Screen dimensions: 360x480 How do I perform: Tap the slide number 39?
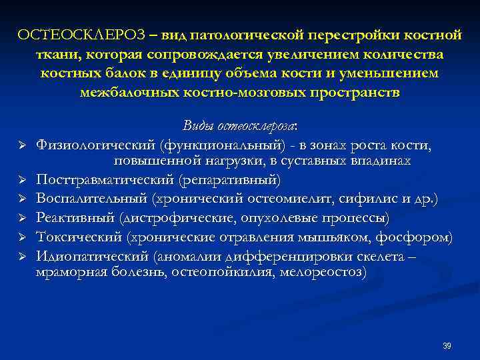click(447, 345)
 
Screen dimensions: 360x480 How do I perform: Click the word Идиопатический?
click(92, 255)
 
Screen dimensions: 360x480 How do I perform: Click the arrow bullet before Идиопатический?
click(22, 255)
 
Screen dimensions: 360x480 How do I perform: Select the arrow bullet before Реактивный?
click(22, 218)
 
